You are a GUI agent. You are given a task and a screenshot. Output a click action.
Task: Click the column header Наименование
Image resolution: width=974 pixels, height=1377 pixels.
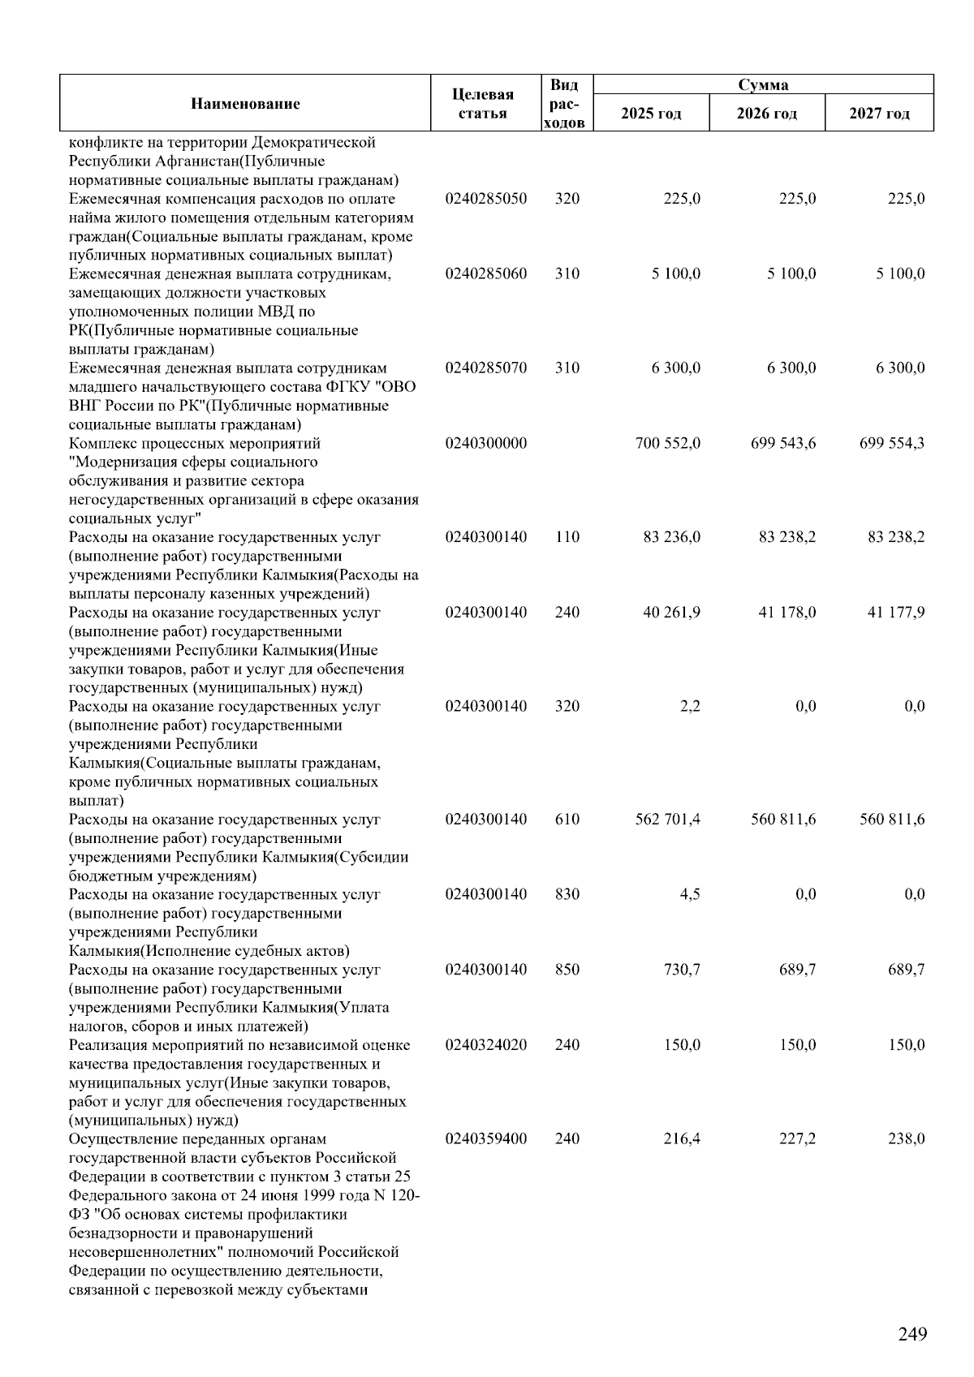[245, 103]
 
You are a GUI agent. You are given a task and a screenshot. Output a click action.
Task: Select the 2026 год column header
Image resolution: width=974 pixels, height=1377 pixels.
[766, 114]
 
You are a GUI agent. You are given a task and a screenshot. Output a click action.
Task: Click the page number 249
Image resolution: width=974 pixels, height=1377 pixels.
[912, 1333]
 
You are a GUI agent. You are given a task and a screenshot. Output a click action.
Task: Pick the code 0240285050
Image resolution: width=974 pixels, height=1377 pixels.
[485, 199]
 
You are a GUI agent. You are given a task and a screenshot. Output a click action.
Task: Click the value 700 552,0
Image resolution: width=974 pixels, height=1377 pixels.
[668, 443]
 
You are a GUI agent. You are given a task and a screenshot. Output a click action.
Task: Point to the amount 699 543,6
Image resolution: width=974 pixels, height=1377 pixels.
[783, 443]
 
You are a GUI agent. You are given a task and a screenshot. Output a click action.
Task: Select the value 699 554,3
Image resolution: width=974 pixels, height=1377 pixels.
[892, 443]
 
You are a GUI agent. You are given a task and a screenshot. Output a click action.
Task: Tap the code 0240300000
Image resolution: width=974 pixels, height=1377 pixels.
[485, 443]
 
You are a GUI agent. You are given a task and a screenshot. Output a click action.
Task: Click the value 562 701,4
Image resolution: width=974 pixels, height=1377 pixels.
[668, 819]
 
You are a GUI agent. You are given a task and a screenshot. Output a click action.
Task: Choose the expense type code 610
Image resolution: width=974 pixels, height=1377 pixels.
[567, 819]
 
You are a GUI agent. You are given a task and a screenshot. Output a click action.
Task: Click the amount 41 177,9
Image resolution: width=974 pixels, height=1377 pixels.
[896, 612]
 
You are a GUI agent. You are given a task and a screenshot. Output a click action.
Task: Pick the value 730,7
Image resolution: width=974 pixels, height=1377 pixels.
[682, 970]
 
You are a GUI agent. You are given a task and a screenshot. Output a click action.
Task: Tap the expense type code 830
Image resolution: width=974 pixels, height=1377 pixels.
[567, 894]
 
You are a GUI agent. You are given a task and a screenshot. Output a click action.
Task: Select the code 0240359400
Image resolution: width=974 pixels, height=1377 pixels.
[485, 1138]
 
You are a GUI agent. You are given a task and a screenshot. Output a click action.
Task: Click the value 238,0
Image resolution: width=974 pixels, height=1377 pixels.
[906, 1138]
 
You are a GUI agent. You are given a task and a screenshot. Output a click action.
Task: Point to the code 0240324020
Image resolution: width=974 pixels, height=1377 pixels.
[485, 1045]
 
